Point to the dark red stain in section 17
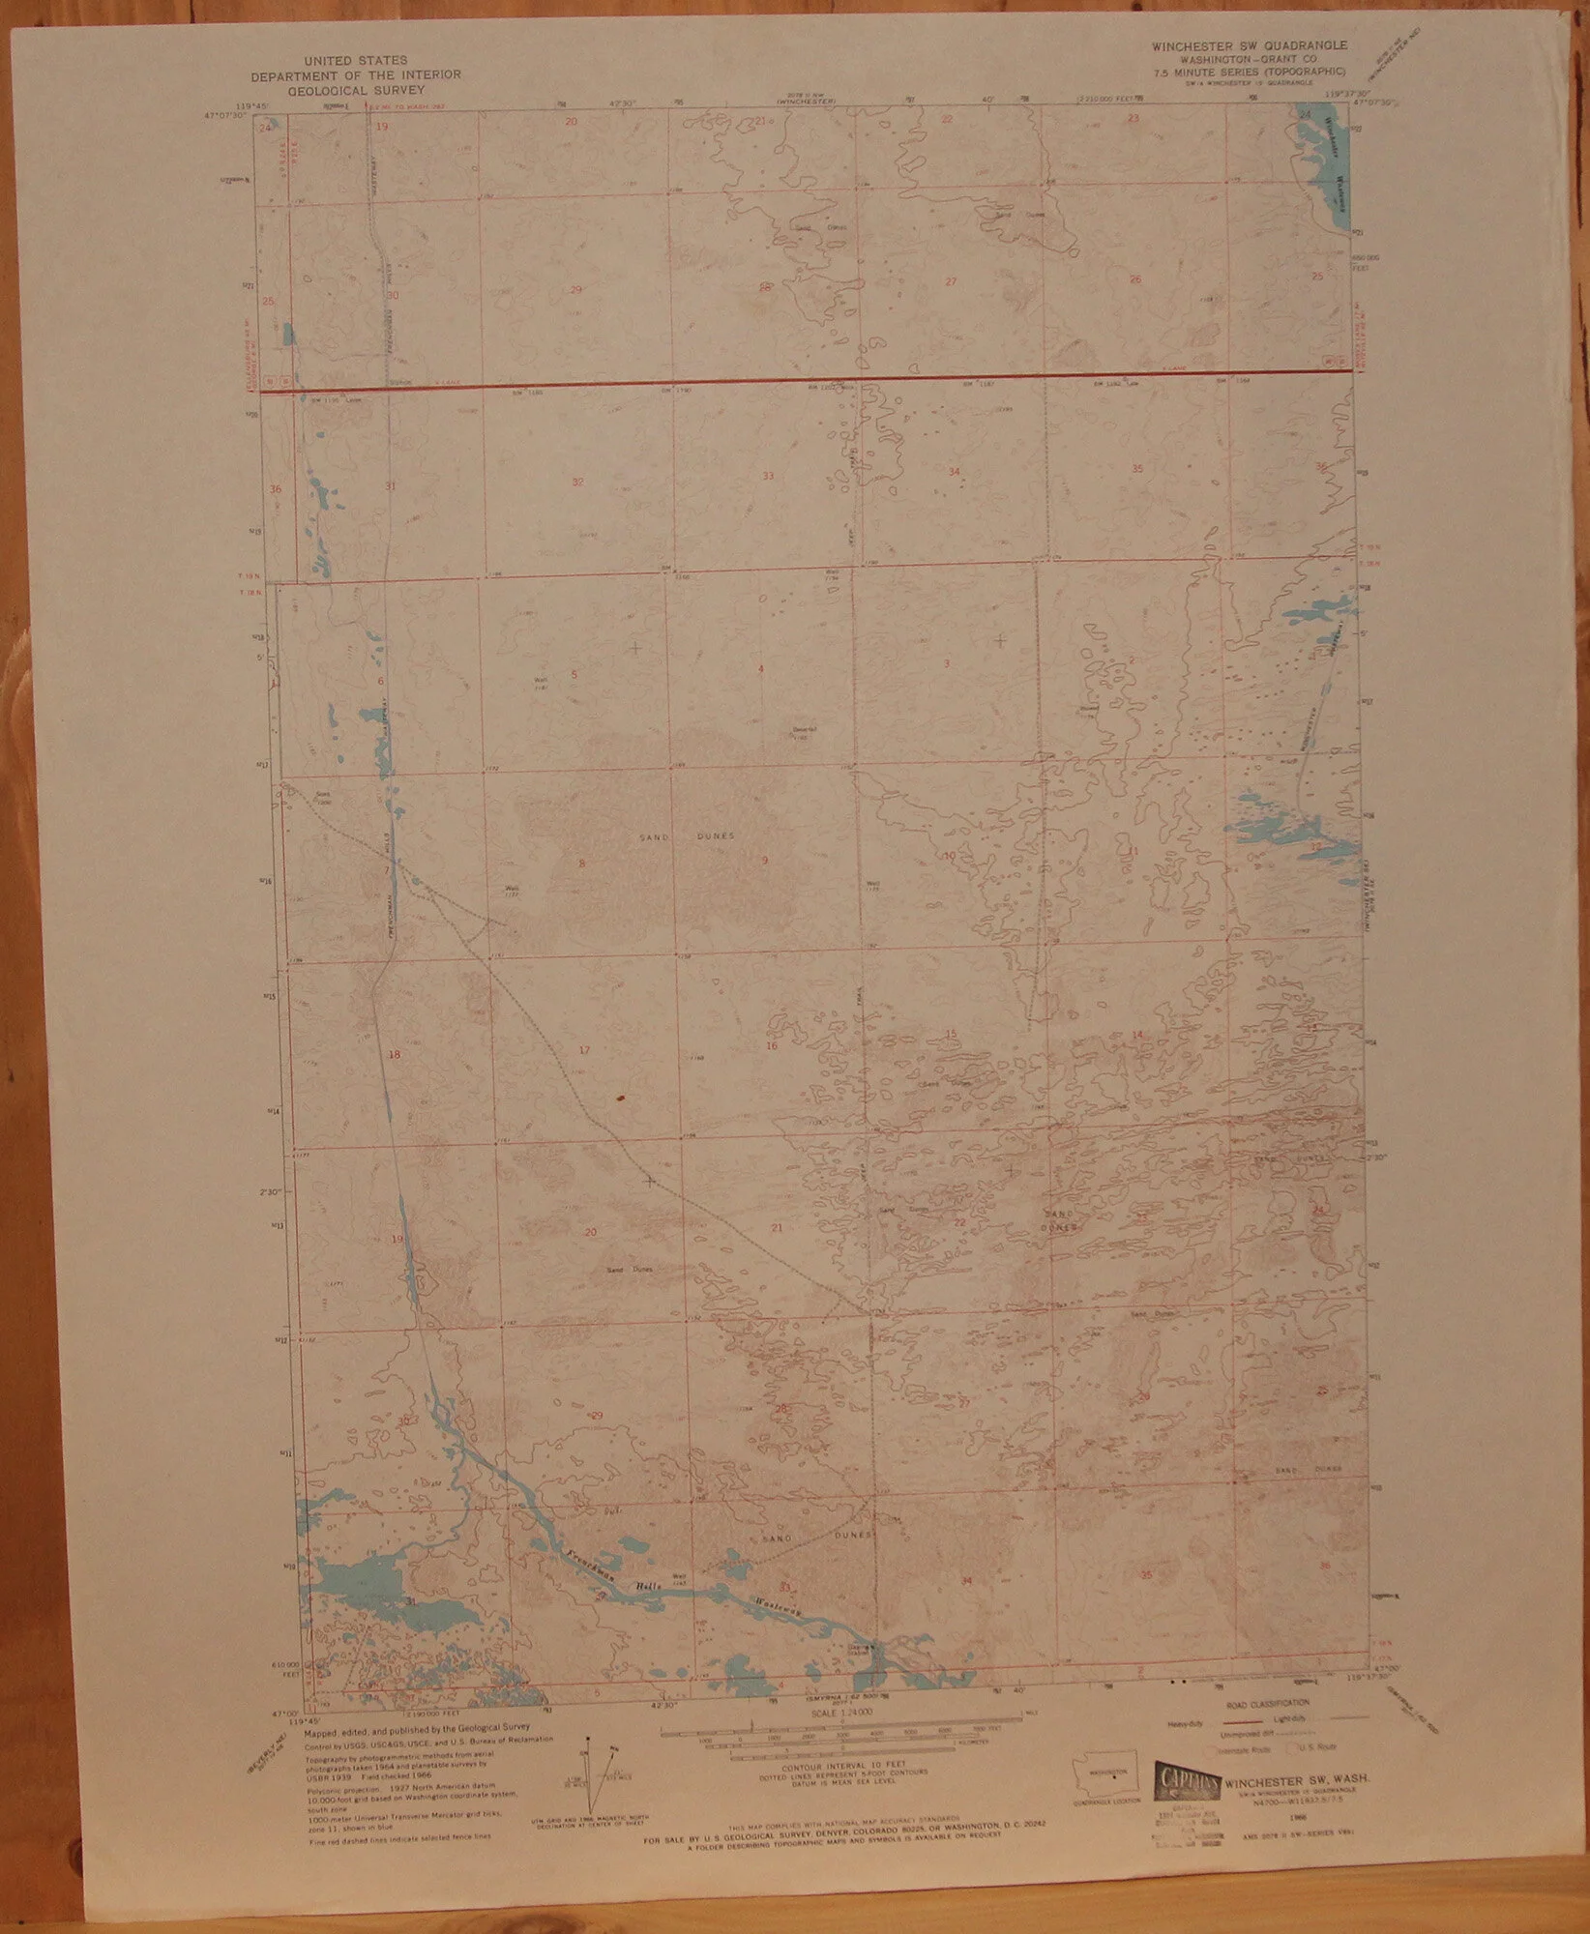pos(619,1099)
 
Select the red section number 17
pos(584,1050)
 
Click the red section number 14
pos(1137,1036)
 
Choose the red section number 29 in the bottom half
pos(597,1417)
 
